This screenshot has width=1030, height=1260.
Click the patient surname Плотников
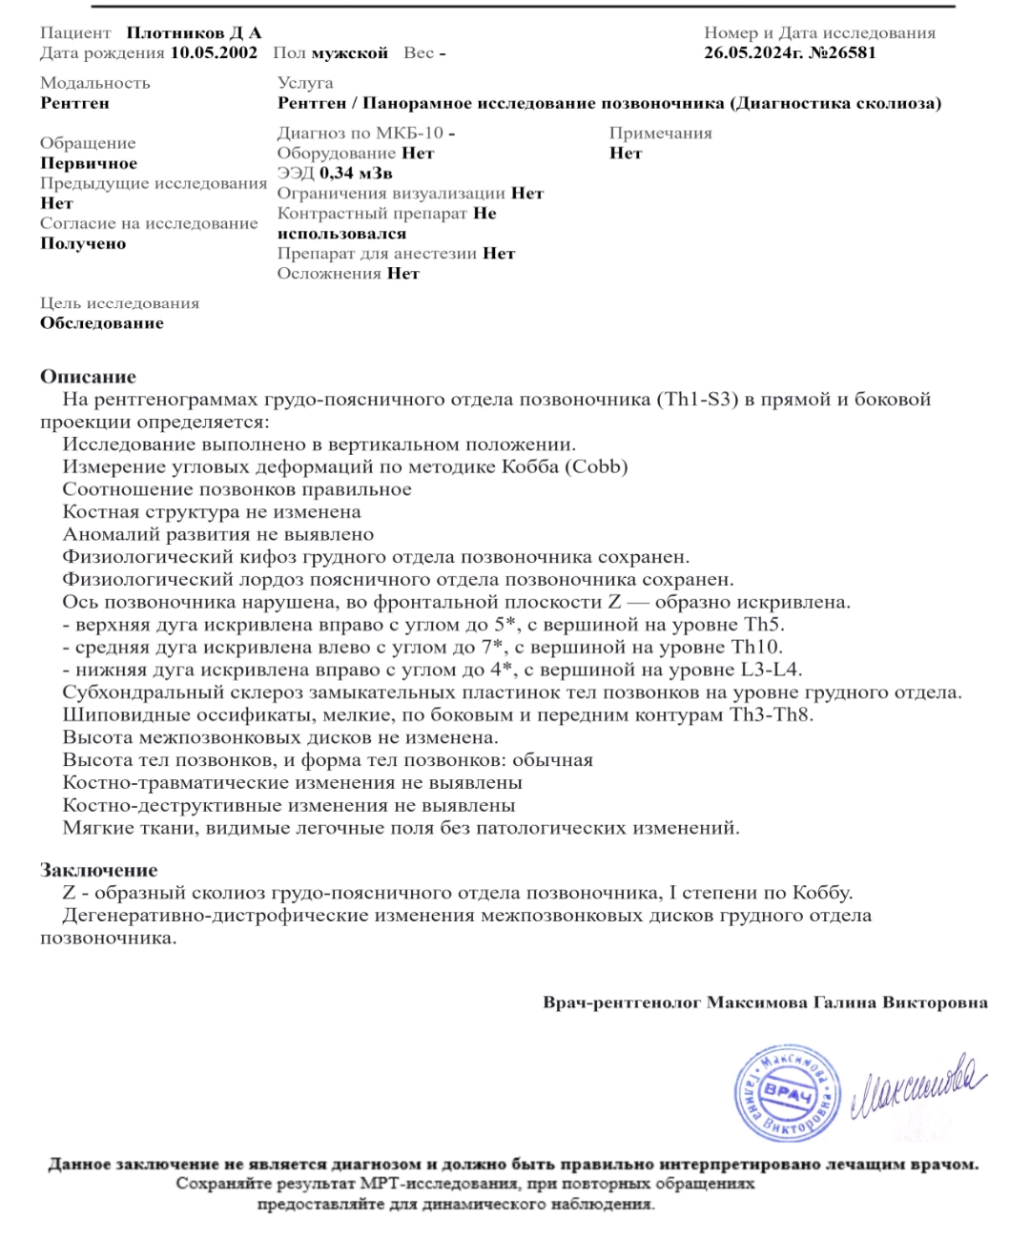[175, 32]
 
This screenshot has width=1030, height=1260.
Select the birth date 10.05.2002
[214, 52]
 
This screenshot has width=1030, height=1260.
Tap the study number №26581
[842, 52]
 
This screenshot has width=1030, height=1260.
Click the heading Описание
[88, 376]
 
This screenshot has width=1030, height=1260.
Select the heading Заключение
[98, 870]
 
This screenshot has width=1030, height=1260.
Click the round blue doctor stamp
[788, 1093]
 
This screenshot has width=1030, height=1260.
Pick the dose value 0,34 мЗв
[356, 173]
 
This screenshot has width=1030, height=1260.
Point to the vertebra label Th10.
[756, 647]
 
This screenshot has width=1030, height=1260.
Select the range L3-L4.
[771, 670]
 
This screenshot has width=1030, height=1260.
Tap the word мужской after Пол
[349, 52]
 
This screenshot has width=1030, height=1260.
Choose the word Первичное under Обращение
[89, 163]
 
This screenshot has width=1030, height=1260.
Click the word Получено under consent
[83, 243]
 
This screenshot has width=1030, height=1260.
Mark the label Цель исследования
[120, 303]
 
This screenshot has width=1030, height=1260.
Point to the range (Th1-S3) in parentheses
[697, 399]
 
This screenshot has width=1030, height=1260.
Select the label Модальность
[95, 83]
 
